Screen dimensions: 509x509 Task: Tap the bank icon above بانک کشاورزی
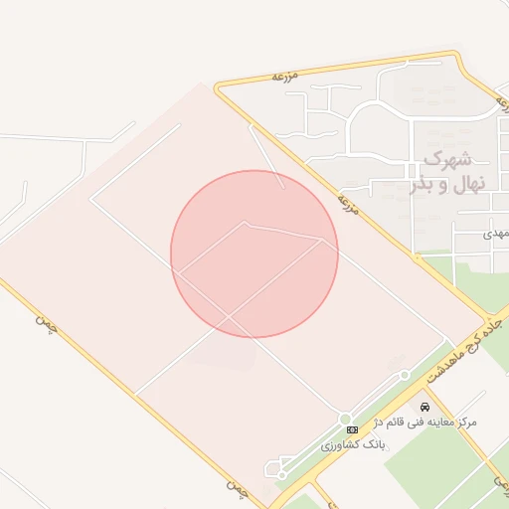352,428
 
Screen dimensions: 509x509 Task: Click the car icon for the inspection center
425,408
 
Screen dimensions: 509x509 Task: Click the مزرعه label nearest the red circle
347,204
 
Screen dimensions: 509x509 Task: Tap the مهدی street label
494,233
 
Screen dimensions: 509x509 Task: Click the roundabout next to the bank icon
345,418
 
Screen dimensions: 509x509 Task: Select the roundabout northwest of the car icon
405,375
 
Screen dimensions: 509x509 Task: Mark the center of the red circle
254,254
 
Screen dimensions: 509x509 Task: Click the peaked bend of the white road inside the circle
245,223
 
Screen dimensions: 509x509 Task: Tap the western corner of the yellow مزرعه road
216,85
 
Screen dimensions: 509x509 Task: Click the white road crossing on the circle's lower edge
231,315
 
